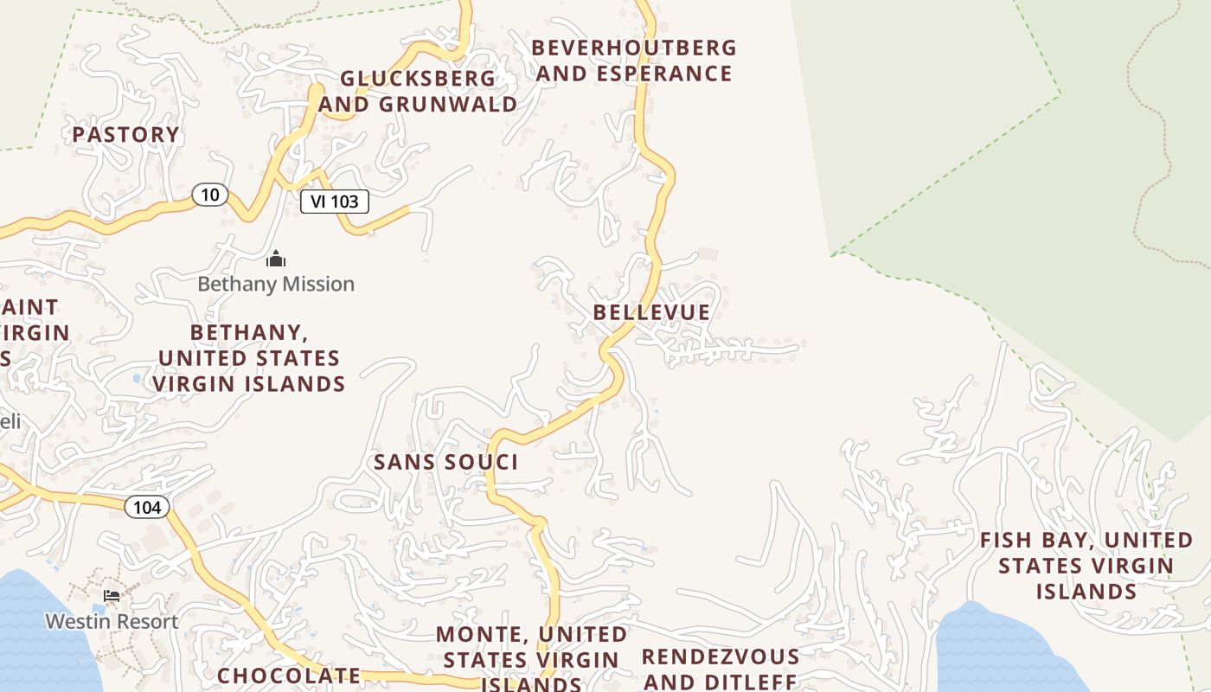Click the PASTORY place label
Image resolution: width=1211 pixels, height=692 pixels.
(125, 134)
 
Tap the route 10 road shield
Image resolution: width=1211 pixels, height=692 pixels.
(209, 195)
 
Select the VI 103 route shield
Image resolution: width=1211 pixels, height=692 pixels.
(335, 202)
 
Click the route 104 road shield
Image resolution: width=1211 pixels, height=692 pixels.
(147, 507)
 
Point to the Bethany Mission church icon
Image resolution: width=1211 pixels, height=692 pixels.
(276, 259)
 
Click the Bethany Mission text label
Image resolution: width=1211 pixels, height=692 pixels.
(276, 284)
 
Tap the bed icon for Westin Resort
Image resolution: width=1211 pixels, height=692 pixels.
(112, 596)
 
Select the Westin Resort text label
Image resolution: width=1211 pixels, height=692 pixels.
(112, 621)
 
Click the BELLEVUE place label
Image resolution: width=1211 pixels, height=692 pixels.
(651, 312)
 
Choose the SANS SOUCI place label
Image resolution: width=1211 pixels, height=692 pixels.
(445, 462)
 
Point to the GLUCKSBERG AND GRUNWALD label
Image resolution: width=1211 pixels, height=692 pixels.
(419, 91)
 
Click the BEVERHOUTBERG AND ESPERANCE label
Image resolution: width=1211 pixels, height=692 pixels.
(634, 61)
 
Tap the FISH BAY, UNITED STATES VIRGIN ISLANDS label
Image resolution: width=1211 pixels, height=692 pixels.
(1086, 566)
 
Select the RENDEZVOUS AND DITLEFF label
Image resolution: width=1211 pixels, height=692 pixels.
(720, 669)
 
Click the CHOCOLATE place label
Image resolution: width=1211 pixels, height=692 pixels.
(289, 676)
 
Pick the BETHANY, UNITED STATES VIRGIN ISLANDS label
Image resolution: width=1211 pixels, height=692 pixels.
(249, 357)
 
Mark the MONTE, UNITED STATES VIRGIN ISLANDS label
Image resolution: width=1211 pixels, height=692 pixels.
(531, 659)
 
